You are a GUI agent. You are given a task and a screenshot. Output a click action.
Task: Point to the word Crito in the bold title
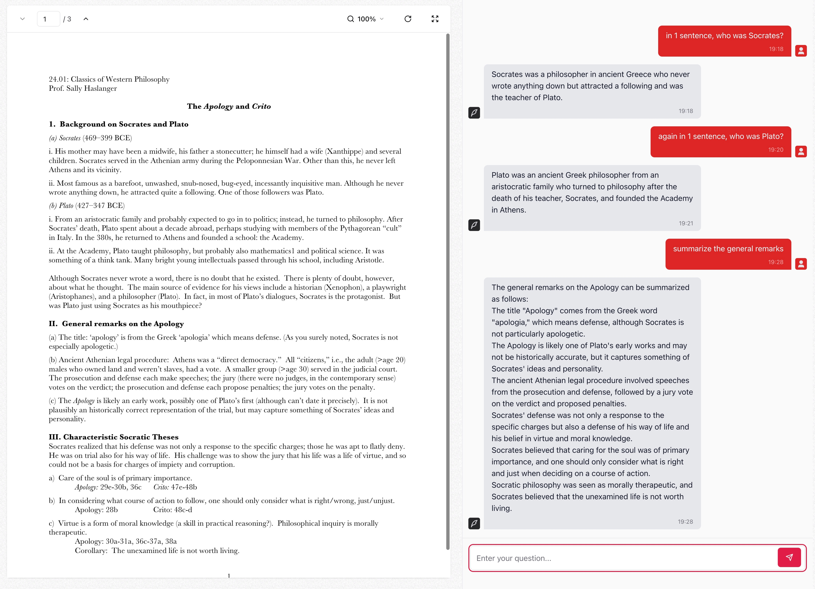tap(261, 106)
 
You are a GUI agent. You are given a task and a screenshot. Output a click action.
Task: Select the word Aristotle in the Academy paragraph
tap(368, 260)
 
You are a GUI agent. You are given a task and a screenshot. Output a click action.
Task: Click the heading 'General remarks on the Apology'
tap(122, 324)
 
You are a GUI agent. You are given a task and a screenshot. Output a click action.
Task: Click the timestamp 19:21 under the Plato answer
tap(686, 223)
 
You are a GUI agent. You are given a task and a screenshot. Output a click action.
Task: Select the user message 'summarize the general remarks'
tap(728, 249)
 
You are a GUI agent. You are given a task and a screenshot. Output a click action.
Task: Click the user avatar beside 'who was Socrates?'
tap(801, 51)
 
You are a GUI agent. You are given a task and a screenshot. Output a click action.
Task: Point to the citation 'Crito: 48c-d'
tap(173, 510)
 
